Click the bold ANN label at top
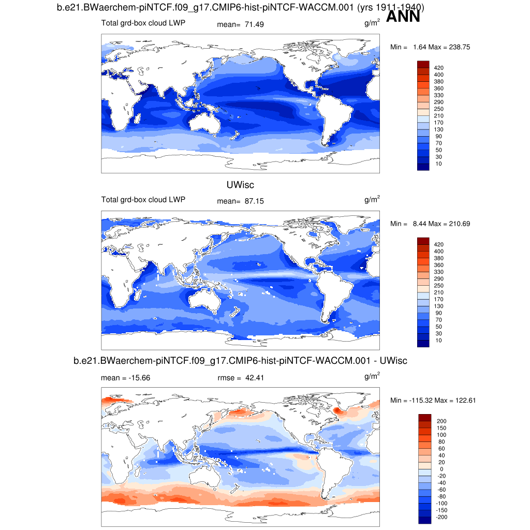403,17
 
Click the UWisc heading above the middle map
240,185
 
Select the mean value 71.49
254,24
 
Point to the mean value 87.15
254,201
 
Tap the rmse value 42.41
254,378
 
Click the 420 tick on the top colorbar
439,68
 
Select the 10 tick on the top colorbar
439,164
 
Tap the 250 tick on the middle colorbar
439,286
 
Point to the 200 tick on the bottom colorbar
441,421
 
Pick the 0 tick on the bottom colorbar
441,469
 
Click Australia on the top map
210,122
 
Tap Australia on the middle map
210,299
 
